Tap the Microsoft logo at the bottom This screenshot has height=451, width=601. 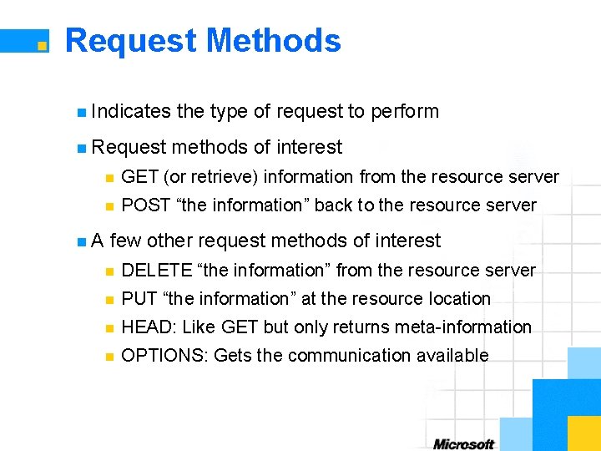pos(463,443)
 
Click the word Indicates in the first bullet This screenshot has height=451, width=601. pos(130,111)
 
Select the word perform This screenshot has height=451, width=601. pos(405,111)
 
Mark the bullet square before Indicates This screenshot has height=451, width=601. pos(80,112)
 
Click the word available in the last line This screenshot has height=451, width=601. pos(455,355)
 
